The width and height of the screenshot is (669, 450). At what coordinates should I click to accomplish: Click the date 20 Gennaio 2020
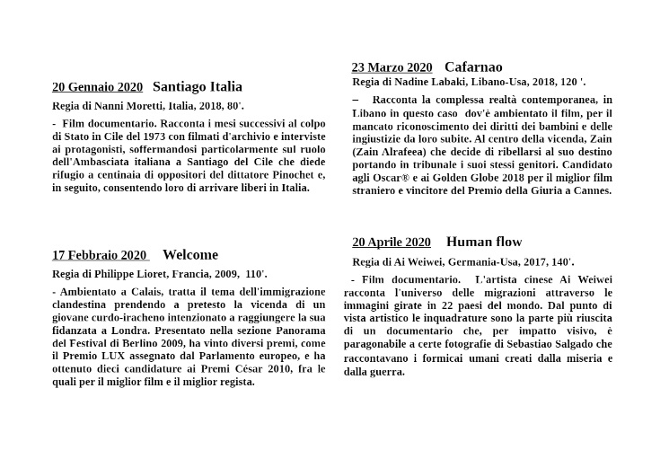click(97, 87)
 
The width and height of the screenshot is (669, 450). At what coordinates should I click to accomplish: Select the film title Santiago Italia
click(198, 86)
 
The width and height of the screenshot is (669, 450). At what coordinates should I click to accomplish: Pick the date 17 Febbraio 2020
click(99, 255)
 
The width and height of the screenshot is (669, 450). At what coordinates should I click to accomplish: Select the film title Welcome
click(190, 254)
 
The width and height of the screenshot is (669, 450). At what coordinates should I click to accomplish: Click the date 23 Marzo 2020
click(392, 67)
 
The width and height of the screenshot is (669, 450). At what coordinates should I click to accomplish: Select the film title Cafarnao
click(473, 66)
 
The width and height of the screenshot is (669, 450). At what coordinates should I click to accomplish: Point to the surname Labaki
click(458, 82)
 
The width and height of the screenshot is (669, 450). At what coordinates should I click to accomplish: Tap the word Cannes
click(591, 190)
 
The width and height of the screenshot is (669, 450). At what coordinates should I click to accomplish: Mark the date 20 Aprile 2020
click(392, 243)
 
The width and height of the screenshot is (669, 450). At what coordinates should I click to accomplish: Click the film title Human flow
click(484, 242)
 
